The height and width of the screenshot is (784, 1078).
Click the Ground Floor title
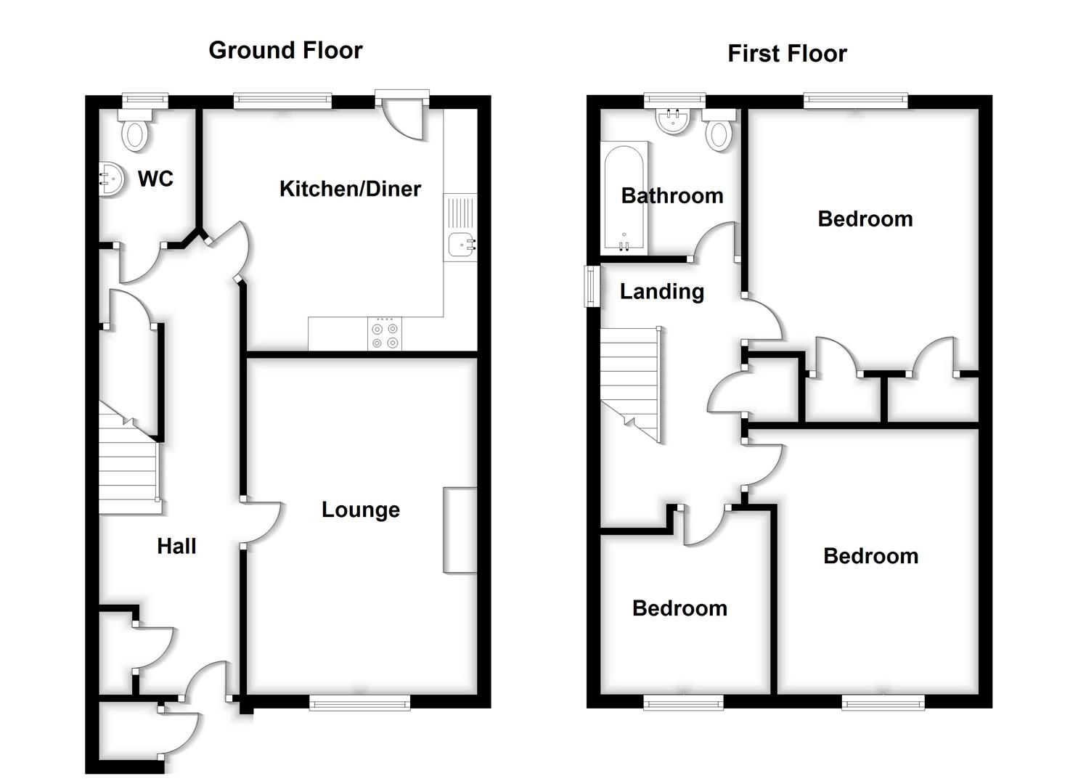point(285,50)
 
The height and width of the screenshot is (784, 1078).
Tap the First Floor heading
point(787,54)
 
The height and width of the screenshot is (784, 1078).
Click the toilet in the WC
point(135,135)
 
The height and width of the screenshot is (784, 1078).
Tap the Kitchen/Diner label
point(350,189)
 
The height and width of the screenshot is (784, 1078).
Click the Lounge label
point(360,510)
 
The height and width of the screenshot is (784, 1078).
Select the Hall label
point(176,546)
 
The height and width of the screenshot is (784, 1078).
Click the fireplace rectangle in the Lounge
point(460,530)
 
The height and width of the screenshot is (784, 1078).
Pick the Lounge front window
point(359,701)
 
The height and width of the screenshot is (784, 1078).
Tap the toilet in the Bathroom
point(719,134)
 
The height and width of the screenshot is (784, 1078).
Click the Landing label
point(661,292)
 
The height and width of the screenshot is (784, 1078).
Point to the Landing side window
point(592,286)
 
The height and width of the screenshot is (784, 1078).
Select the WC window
point(144,101)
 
